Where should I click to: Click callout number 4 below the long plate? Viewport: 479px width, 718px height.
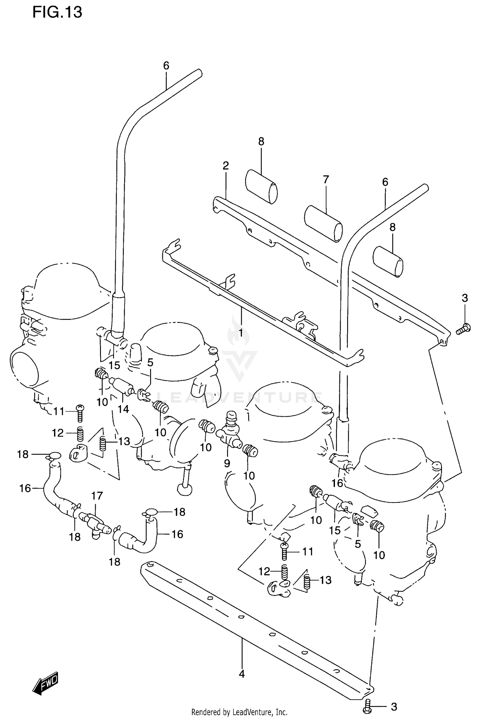(x=242, y=674)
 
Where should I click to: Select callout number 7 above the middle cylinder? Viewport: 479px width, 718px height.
(x=325, y=180)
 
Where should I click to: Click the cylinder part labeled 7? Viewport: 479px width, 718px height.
(x=323, y=223)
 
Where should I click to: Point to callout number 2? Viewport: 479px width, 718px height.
(x=226, y=165)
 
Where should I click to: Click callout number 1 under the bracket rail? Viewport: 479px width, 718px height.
(x=241, y=333)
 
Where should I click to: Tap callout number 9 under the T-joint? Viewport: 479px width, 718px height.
(x=227, y=463)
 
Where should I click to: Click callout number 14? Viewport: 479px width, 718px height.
(x=124, y=409)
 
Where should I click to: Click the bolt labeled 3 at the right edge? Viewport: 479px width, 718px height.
(x=463, y=328)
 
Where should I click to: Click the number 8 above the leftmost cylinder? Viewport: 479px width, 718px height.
(x=261, y=141)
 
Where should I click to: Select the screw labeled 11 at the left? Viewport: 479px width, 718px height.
(x=80, y=413)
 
